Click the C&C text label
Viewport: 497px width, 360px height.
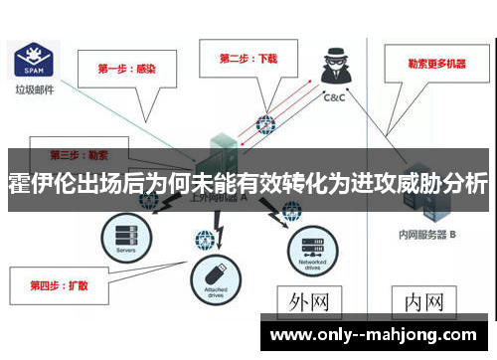pos(336,99)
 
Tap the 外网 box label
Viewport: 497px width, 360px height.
pos(309,299)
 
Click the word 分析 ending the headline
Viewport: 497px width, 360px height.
pos(463,185)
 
